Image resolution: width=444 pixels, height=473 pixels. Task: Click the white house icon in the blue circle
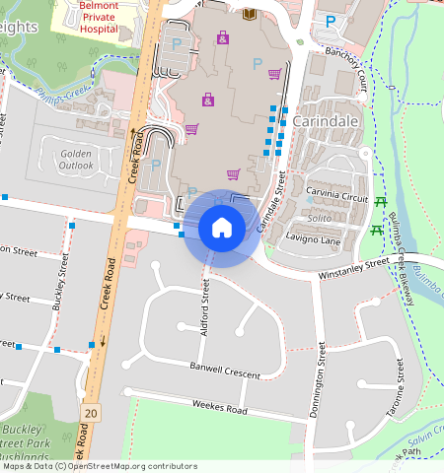pyautogui.click(x=222, y=228)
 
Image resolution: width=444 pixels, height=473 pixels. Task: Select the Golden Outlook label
pyautogui.click(x=76, y=160)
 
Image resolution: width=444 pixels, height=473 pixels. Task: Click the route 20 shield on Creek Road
pyautogui.click(x=92, y=410)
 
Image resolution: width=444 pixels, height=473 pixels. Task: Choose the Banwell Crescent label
pyautogui.click(x=225, y=371)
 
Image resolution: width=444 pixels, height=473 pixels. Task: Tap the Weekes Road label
pyautogui.click(x=219, y=406)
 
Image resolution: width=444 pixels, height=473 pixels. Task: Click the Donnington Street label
pyautogui.click(x=317, y=380)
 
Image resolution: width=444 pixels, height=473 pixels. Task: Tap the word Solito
pyautogui.click(x=317, y=217)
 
